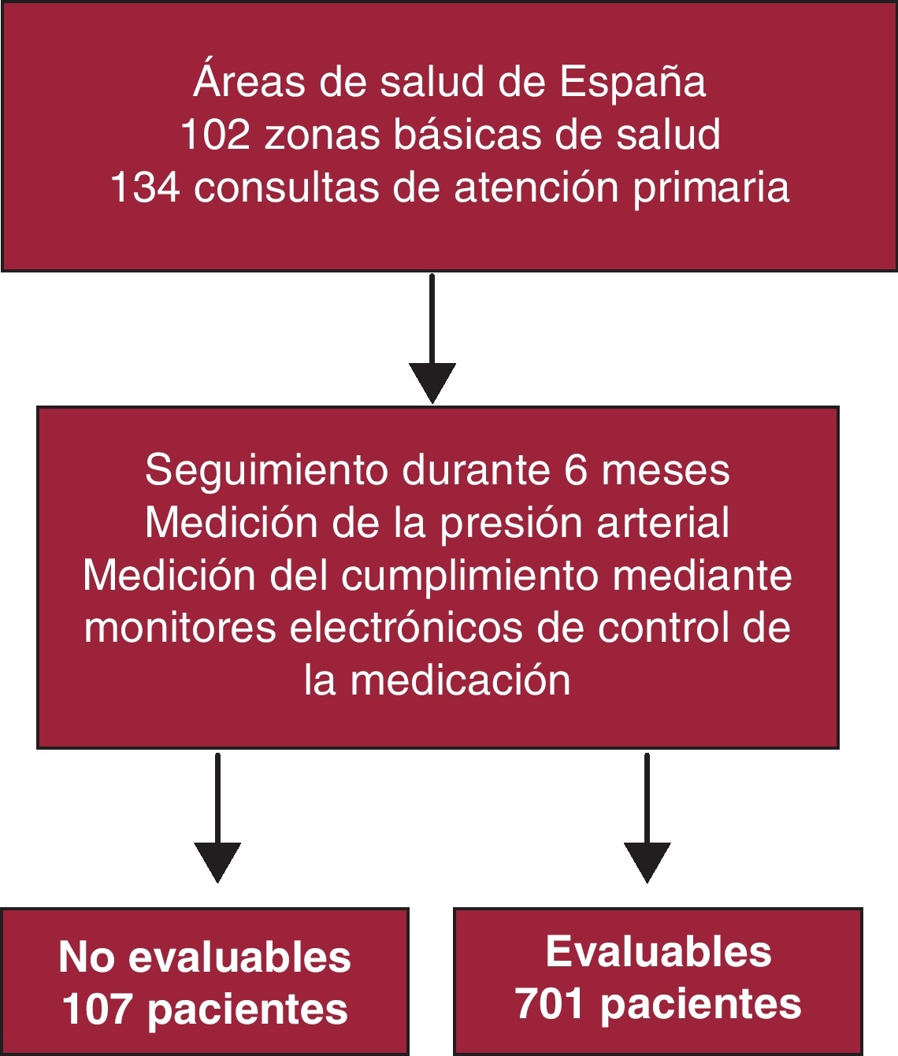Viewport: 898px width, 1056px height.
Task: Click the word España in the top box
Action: (x=633, y=82)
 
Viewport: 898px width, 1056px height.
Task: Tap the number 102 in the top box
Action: (x=215, y=135)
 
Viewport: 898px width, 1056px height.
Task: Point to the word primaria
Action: (x=711, y=189)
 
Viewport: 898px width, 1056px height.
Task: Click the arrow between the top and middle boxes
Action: (x=432, y=339)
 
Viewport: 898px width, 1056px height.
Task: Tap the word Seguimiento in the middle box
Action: (x=267, y=471)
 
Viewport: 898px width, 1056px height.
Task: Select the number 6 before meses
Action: (x=576, y=470)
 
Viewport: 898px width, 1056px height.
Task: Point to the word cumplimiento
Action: (x=469, y=576)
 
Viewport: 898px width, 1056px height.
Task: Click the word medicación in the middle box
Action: (x=460, y=680)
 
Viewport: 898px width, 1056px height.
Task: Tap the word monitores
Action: (x=180, y=628)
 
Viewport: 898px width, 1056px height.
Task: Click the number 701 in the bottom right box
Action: (x=549, y=1004)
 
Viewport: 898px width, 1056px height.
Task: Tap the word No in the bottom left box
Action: (x=87, y=958)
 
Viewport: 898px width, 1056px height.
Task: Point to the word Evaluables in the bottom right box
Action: (x=659, y=951)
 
